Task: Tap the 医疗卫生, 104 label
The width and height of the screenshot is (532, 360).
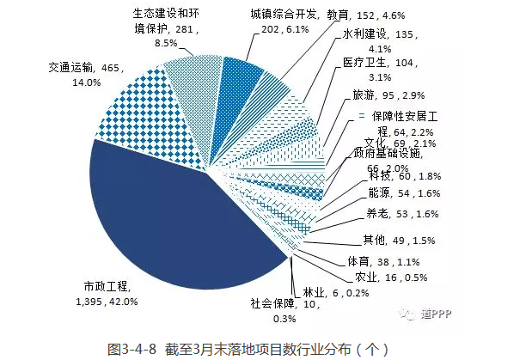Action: point(370,70)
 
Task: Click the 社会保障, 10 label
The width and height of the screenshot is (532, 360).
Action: point(275,309)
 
